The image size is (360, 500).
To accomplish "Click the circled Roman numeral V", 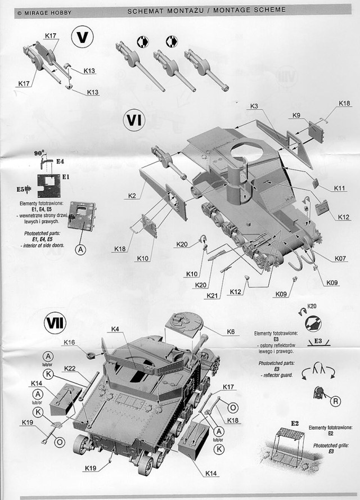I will click(82, 38).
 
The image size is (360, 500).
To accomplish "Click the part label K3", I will click(254, 106).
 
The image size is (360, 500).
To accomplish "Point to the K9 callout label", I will click(296, 115).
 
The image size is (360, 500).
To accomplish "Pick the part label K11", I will click(339, 188).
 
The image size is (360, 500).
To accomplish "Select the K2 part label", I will click(132, 196).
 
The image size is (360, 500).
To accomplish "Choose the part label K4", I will click(115, 328).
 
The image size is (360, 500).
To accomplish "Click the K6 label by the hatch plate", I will click(231, 332).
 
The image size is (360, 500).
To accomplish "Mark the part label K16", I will click(70, 342).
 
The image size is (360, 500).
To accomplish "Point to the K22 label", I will click(70, 368).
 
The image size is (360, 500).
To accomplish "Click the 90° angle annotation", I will click(39, 153).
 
